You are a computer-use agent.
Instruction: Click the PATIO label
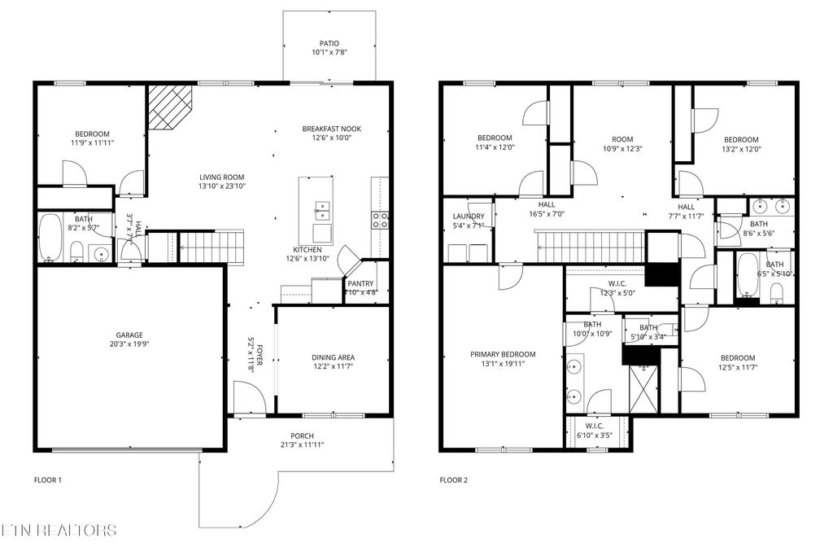[329, 44]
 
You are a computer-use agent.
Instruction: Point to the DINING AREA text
[333, 357]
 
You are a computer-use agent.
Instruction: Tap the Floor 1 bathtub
[52, 238]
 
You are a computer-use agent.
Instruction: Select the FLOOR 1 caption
[47, 480]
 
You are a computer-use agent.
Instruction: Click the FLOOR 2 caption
[454, 480]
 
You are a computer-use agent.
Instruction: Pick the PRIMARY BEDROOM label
[503, 354]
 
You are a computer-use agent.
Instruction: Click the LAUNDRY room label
[468, 216]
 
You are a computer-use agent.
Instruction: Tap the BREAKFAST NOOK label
[331, 129]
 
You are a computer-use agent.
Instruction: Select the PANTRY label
[361, 284]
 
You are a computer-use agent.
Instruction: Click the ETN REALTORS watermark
[59, 531]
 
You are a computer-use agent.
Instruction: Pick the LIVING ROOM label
[222, 177]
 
